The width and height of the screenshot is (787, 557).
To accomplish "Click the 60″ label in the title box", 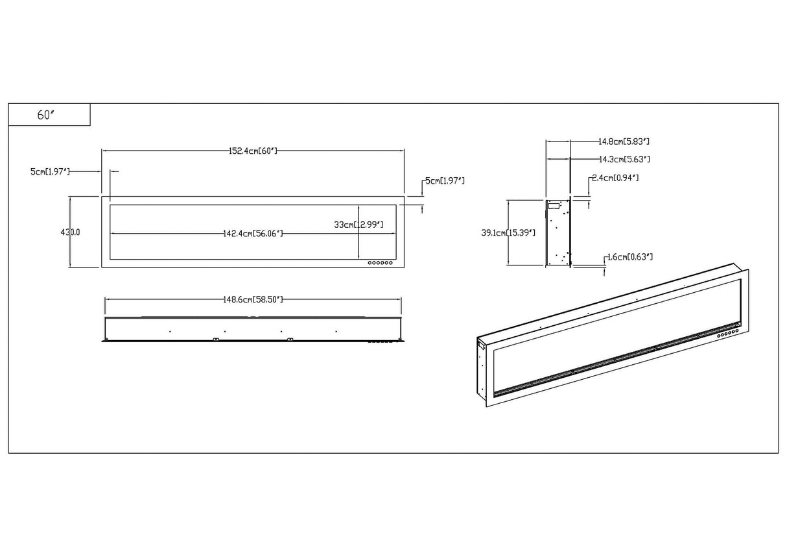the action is click(x=44, y=115).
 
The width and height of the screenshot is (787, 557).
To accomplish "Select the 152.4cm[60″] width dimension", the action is click(x=253, y=151).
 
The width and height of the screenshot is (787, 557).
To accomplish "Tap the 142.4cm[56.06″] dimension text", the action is click(x=253, y=233).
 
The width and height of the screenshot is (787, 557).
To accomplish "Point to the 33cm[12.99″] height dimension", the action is click(x=358, y=225).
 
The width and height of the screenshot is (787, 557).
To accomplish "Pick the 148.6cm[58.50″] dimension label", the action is click(x=253, y=299).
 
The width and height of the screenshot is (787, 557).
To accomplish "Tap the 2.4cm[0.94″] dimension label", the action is click(x=615, y=178).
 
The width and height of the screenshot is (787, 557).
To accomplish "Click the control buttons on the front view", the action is click(x=381, y=263).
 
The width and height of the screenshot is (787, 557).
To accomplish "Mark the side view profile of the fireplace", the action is click(x=558, y=232).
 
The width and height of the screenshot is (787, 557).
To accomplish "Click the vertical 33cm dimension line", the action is click(x=358, y=243).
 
